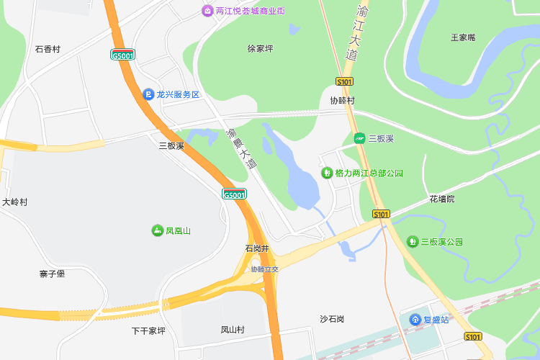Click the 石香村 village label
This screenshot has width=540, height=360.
(x=48, y=49)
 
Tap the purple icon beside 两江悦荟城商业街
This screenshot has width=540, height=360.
(x=207, y=11)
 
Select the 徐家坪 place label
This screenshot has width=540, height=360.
(x=260, y=49)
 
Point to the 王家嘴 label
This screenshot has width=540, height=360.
(x=463, y=37)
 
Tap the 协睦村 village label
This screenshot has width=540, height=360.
(x=342, y=101)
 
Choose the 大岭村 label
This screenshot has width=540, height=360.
(x=14, y=202)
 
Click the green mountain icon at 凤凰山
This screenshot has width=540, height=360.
(x=157, y=230)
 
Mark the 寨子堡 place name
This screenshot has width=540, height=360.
(x=53, y=274)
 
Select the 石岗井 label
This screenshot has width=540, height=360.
(x=256, y=248)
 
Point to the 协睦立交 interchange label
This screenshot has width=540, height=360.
(x=264, y=269)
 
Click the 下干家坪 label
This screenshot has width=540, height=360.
(x=148, y=331)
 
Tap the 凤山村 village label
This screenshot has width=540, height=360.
(x=233, y=330)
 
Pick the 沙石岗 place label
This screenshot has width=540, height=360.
(x=332, y=319)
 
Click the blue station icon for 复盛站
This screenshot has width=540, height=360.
(x=415, y=319)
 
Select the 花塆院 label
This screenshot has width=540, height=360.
(x=442, y=198)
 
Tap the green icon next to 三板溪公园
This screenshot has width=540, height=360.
(x=413, y=241)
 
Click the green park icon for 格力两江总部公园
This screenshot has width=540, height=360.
(x=327, y=173)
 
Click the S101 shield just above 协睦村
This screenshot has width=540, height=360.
(x=344, y=81)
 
